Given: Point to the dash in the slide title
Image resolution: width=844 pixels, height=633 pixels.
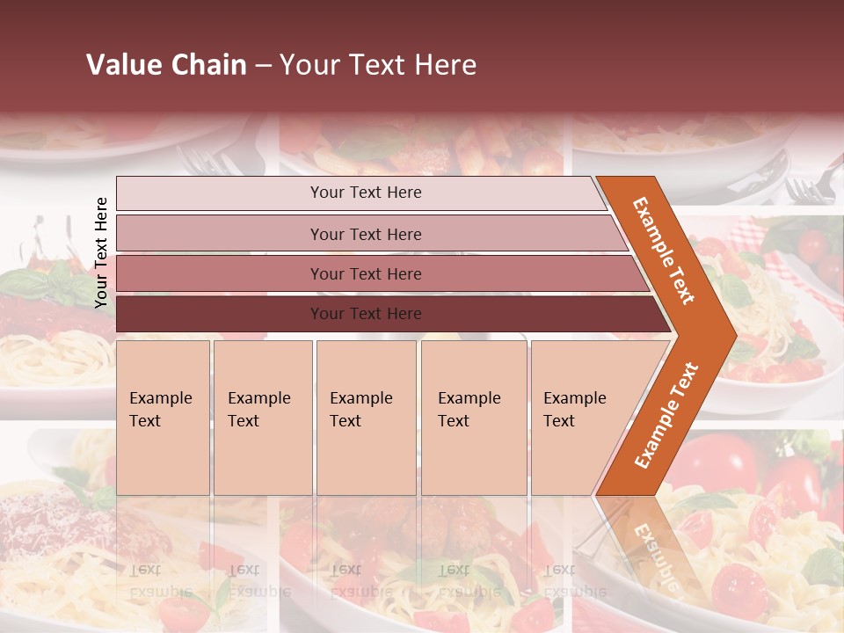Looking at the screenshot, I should click(263, 66).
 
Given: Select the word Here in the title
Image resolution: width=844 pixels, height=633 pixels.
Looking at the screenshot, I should click(444, 65).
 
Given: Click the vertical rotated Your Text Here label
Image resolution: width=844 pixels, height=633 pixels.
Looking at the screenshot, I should click(101, 252).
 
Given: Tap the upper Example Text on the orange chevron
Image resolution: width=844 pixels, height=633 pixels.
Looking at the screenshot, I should click(664, 250).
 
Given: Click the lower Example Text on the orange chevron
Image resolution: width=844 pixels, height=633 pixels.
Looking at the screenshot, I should click(666, 415).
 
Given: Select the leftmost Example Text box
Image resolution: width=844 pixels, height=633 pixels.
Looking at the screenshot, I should click(163, 418).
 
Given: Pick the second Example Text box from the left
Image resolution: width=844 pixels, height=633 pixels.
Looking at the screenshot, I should click(262, 418).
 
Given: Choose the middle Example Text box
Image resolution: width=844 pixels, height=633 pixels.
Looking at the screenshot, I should click(366, 418).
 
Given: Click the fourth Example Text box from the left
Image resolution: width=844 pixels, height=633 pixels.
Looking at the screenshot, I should click(474, 418).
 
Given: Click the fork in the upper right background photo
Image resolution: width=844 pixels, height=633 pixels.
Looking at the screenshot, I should click(809, 189).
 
